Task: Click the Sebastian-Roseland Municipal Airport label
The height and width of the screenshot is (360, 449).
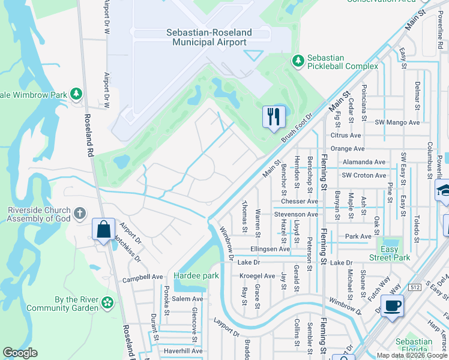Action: click(209, 37)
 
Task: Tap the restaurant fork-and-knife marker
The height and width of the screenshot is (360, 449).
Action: click(274, 116)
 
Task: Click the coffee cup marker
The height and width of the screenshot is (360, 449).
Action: click(393, 306)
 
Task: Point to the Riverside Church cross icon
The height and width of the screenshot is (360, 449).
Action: click(80, 214)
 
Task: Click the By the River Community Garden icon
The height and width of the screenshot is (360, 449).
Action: click(107, 302)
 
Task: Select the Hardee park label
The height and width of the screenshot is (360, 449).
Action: click(196, 275)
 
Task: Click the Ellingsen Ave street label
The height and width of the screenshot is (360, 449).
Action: click(270, 249)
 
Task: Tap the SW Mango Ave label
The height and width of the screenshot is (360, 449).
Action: click(396, 122)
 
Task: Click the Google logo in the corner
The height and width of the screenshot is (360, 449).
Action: click(20, 353)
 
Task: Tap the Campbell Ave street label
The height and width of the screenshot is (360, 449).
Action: click(143, 278)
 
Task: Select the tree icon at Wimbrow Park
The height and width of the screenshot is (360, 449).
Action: click(76, 94)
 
